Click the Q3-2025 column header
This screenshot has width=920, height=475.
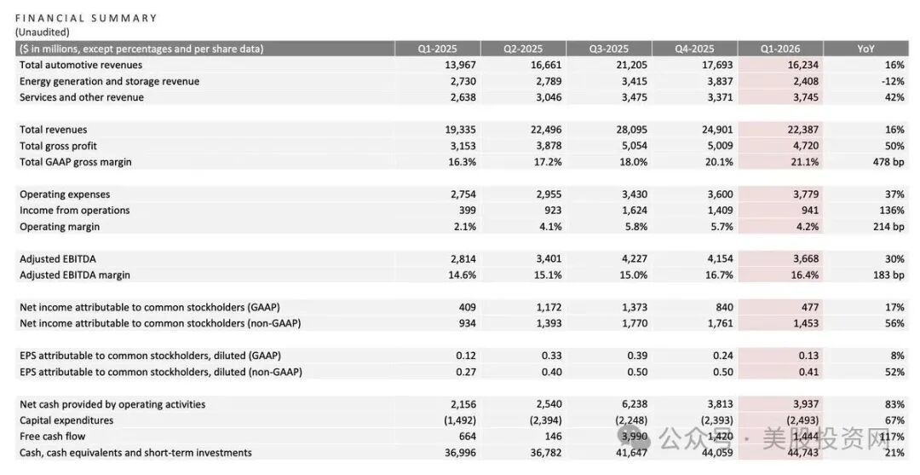click(x=608, y=49)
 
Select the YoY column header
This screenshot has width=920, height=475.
click(x=865, y=49)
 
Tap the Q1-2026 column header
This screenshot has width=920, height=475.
click(x=779, y=49)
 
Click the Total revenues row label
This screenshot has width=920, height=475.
click(x=54, y=130)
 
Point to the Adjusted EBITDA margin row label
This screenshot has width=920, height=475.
click(x=75, y=275)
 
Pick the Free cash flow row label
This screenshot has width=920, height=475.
click(x=52, y=437)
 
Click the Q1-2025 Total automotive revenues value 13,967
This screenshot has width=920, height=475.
click(x=461, y=65)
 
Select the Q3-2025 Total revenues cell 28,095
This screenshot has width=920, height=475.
click(x=632, y=130)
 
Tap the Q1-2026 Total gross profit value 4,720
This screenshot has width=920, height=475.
click(x=806, y=146)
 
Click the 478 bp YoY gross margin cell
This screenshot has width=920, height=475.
click(x=888, y=162)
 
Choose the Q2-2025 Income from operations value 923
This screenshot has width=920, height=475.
click(x=553, y=210)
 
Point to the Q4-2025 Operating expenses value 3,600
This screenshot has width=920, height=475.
click(x=720, y=194)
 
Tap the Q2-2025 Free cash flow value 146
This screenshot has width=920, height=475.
click(x=553, y=437)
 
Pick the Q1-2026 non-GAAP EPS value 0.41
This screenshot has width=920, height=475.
click(x=808, y=372)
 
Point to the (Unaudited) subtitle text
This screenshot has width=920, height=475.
click(x=43, y=32)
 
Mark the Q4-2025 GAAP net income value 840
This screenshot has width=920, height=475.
click(x=725, y=307)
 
